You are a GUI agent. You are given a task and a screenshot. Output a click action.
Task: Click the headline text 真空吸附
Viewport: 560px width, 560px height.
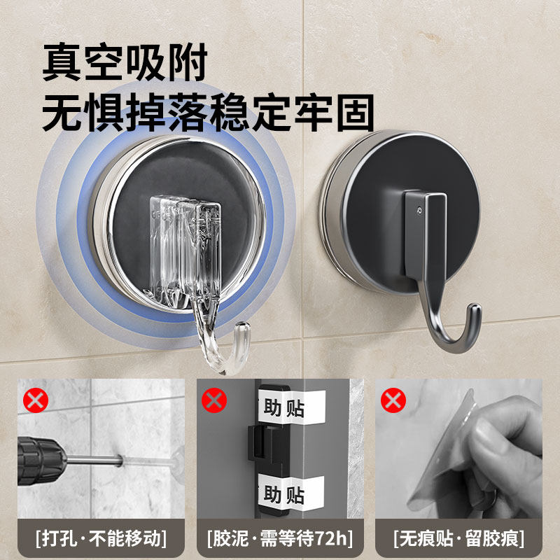coord(125,64)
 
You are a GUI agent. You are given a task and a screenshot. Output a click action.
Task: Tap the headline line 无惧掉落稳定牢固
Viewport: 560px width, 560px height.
coord(208,113)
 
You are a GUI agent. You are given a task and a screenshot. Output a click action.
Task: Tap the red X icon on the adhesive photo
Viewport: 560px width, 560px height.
coord(214,401)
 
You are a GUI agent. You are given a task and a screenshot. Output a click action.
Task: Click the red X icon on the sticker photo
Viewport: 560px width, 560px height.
coord(393,401)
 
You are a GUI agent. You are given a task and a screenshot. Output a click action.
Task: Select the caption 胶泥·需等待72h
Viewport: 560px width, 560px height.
coord(279,538)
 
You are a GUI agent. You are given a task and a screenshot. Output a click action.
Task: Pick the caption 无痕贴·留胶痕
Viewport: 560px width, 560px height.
coord(458,538)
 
